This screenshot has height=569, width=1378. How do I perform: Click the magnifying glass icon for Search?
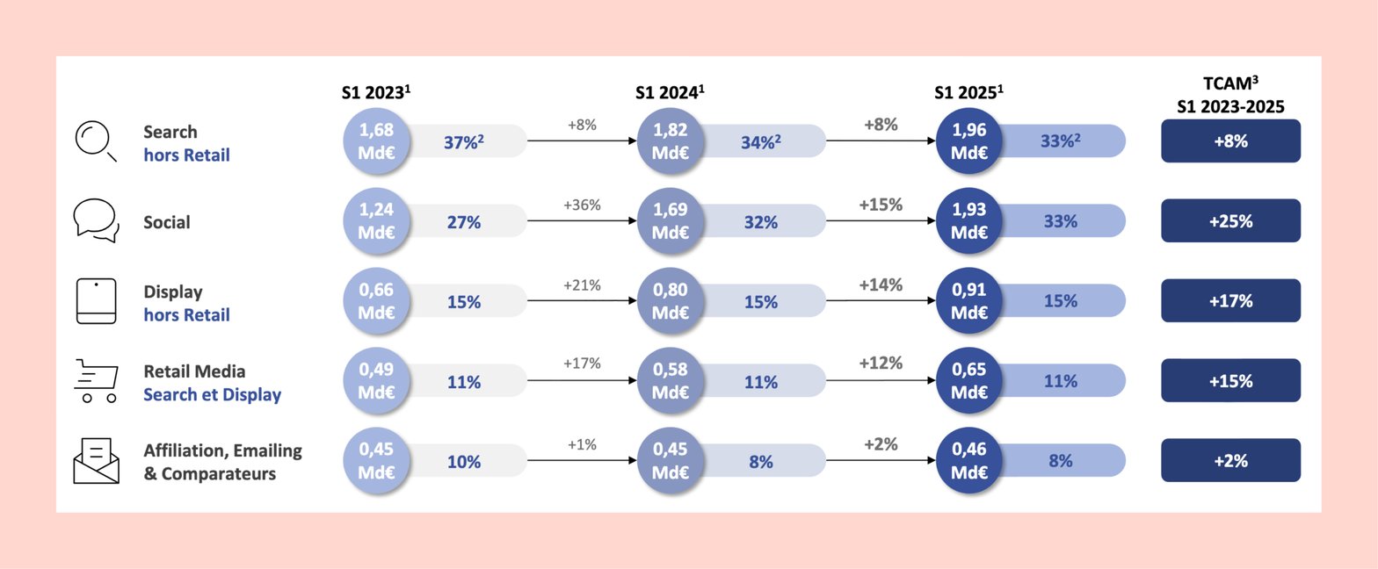(95, 141)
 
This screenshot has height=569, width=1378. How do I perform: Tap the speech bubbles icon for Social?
(95, 220)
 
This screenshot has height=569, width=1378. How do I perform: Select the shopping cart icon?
(95, 380)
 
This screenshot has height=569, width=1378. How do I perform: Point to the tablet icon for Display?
(96, 301)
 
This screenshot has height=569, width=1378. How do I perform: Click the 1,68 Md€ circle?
(376, 141)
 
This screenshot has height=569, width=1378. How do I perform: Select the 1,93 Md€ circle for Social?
(969, 221)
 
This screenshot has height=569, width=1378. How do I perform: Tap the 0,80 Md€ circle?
(671, 301)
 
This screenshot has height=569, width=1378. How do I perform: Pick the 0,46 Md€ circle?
(969, 460)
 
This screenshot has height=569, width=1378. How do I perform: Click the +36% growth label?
(581, 205)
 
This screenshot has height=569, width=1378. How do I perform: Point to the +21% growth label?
(581, 284)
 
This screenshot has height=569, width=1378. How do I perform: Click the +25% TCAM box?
(1230, 221)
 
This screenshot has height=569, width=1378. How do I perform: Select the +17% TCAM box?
(1230, 301)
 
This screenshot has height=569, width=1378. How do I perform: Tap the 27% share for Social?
(464, 222)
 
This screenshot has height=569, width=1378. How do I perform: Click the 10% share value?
(464, 462)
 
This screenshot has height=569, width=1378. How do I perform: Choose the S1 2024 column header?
(671, 92)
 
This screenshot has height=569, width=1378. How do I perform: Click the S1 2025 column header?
(968, 92)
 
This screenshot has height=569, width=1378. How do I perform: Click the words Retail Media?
(194, 371)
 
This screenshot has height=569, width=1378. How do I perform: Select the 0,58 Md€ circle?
(671, 381)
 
